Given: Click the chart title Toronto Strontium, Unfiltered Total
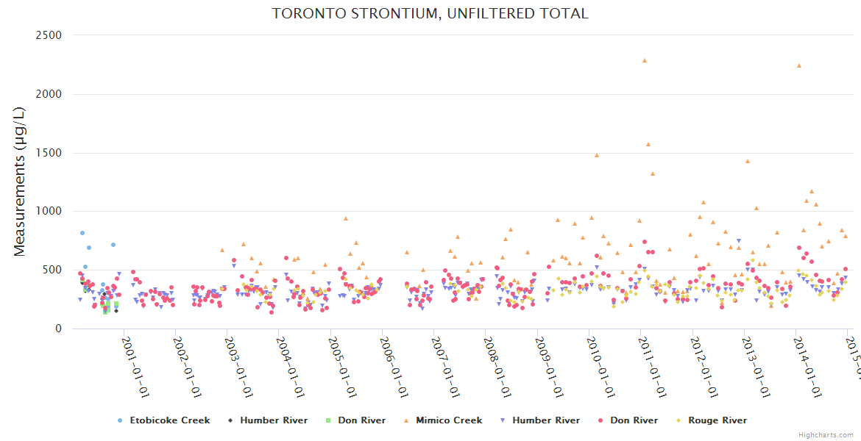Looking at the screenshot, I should [430, 14].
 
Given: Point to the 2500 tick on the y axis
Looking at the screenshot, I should [49, 35].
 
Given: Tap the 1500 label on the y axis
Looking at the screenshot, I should [49, 153].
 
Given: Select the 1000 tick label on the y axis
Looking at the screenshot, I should [49, 212].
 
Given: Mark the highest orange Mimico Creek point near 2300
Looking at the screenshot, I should [644, 60].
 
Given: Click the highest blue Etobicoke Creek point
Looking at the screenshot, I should [82, 233].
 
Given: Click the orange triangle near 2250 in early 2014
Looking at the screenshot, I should [798, 65].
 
